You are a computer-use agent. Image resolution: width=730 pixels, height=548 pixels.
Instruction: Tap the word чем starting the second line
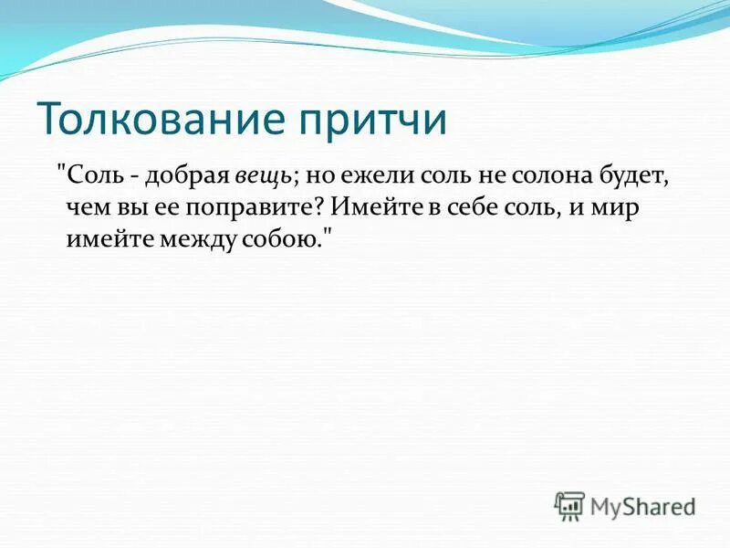pos(85,208)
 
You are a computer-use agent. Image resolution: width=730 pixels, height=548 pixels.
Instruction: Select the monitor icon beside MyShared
pos(569,506)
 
